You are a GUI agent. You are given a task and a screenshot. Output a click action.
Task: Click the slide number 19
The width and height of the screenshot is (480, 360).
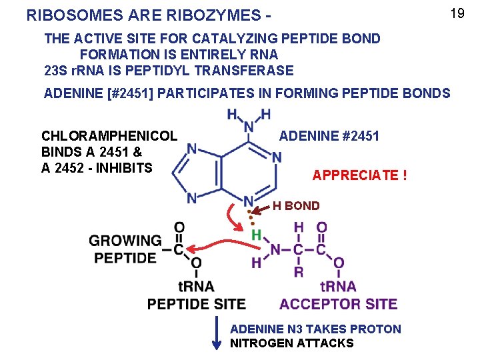[457, 13]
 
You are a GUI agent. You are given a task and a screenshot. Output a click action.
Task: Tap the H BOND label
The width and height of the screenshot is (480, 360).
[296, 206]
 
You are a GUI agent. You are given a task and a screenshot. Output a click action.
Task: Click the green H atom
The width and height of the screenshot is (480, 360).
[256, 235]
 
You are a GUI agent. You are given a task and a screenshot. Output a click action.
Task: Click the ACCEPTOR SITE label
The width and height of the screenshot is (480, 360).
[338, 304]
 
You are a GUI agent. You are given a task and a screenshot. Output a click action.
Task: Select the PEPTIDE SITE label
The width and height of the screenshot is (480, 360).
[197, 304]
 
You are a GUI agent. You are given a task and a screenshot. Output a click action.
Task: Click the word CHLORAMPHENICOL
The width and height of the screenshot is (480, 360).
[109, 136]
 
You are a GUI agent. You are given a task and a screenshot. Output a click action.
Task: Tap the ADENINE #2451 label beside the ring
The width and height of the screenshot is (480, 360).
[329, 136]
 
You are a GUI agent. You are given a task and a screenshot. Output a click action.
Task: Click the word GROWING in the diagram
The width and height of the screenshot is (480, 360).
[125, 241]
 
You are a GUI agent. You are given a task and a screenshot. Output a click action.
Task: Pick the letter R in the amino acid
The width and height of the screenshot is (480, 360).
[299, 272]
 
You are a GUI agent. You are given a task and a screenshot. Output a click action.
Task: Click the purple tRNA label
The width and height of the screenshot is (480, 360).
[338, 287]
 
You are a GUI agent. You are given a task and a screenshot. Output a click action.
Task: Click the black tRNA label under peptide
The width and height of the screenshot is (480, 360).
[196, 287]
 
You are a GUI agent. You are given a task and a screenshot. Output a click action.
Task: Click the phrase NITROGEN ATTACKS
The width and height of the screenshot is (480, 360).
[291, 343]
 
